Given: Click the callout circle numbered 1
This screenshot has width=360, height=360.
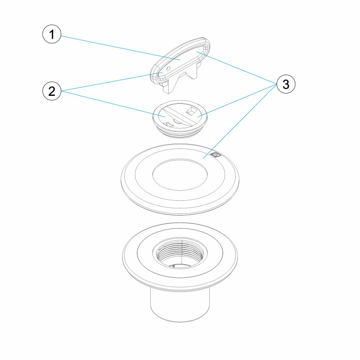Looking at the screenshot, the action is tap(52, 34).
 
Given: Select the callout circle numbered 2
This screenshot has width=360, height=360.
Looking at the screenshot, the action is tap(52, 91).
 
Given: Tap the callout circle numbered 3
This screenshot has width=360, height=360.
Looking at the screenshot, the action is tap(286, 84).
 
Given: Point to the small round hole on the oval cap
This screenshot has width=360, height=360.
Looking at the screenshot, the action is tap(168, 68).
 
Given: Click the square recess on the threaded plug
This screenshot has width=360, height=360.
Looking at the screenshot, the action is tap(191, 111).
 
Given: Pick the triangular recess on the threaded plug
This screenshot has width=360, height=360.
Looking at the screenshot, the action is tap(169, 124).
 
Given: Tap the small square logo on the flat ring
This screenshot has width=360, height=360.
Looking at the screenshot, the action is tap(216, 155).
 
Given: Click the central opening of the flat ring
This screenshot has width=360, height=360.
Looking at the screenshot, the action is tap(180, 175).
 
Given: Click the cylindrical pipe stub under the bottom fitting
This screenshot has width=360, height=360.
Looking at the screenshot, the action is tap(180, 306).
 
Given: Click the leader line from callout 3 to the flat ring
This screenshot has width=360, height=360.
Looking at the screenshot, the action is tap(240, 121).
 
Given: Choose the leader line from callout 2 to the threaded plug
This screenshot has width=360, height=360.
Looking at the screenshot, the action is tap(113, 104).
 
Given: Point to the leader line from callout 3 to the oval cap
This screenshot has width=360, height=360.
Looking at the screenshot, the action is tap(237, 68).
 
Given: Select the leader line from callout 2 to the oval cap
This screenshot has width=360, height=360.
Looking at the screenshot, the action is tap(112, 81).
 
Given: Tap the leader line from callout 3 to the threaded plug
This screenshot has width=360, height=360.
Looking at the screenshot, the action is tap(237, 100).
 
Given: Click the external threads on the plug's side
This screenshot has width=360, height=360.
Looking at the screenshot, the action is tap(180, 133).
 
